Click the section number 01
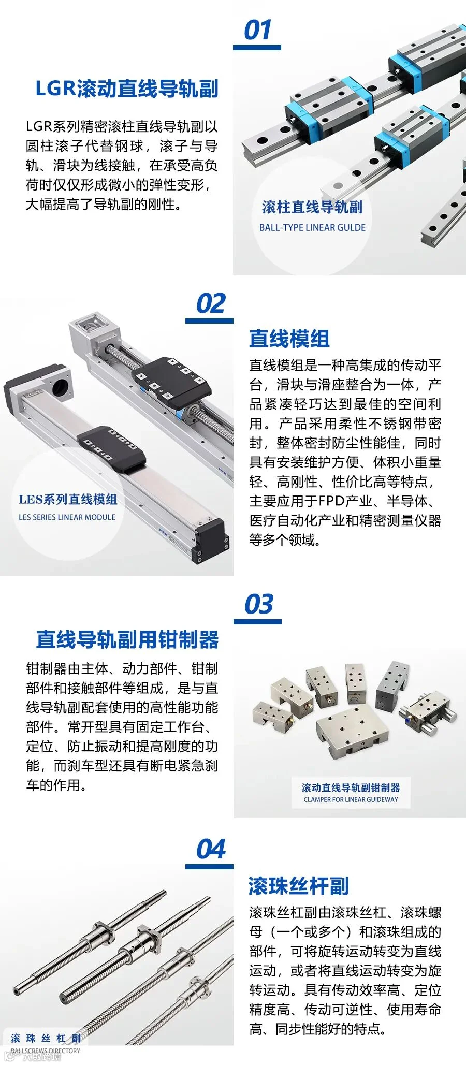pos(257,30)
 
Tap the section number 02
pos(211,303)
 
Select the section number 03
pos(258,604)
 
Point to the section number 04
pos(211,849)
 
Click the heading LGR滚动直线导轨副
pos(127,89)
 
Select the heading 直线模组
pos(289,339)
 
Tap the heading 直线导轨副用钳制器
pos(127,639)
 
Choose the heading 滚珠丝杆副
pos(299,886)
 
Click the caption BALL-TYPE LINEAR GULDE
pos(312,227)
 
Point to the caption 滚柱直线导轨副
pos(312,207)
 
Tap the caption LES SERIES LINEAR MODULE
pos(67,517)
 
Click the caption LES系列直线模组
pos(68,499)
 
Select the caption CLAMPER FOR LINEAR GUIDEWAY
pos(351,799)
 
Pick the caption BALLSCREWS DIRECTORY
pos(46,1051)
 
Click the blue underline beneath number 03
pos(257,621)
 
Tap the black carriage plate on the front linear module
pos(111,448)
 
